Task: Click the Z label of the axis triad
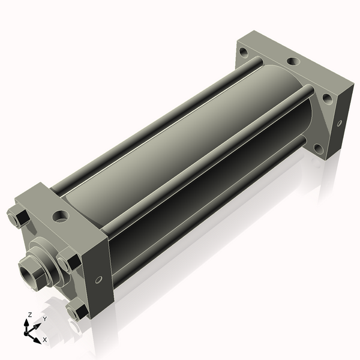[x=29, y=314]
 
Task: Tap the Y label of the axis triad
[x=45, y=319]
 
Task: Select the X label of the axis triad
[x=44, y=340]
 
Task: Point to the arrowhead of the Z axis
[x=26, y=323]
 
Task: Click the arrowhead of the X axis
[x=37, y=340]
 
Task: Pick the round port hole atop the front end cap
[x=61, y=216]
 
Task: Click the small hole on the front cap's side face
[x=98, y=280]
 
